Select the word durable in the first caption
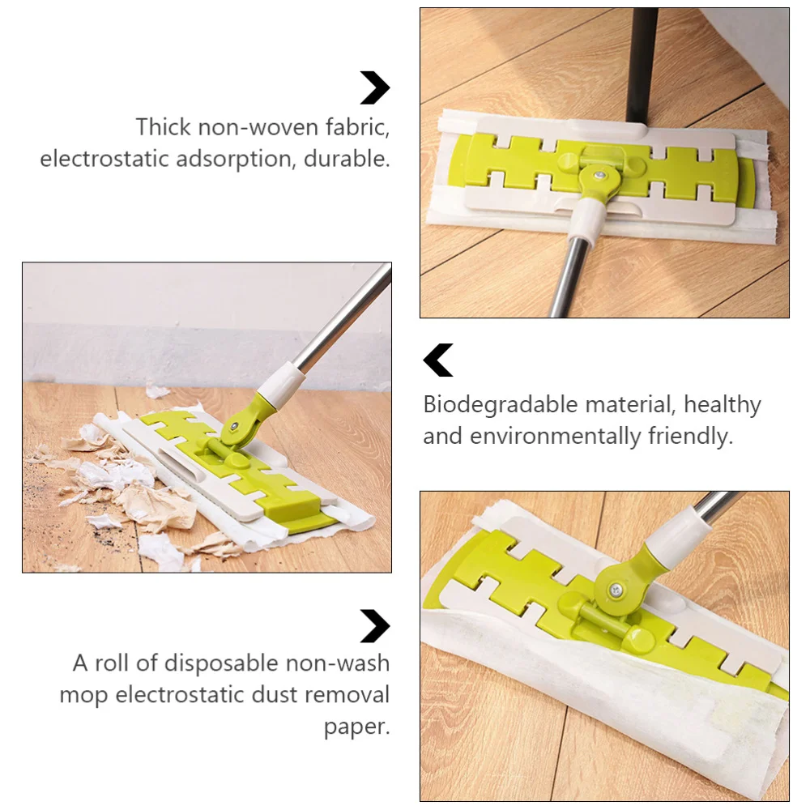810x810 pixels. [x=347, y=159]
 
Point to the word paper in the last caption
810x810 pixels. [x=356, y=727]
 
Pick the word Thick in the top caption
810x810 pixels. [x=164, y=127]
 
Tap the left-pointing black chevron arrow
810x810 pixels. [x=438, y=360]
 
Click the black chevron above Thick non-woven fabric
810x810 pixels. [x=375, y=87]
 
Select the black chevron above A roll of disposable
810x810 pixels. [x=375, y=625]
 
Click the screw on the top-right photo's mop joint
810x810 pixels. [x=599, y=176]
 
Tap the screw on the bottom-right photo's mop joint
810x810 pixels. [x=616, y=590]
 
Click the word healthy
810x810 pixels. [x=723, y=404]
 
